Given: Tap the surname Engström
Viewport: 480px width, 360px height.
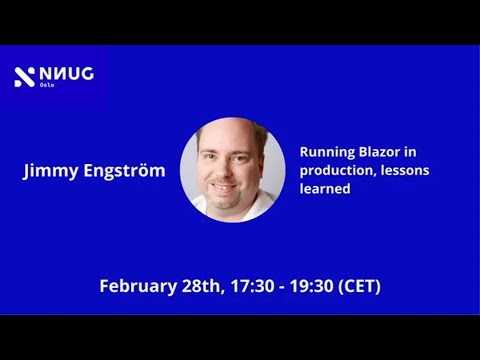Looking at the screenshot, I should pos(122,171).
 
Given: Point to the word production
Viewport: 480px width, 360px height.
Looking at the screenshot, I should pos(336,170).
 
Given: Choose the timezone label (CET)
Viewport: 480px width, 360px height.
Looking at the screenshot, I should pos(361,286).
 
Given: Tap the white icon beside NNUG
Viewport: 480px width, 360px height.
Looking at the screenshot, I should pos(24,76).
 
